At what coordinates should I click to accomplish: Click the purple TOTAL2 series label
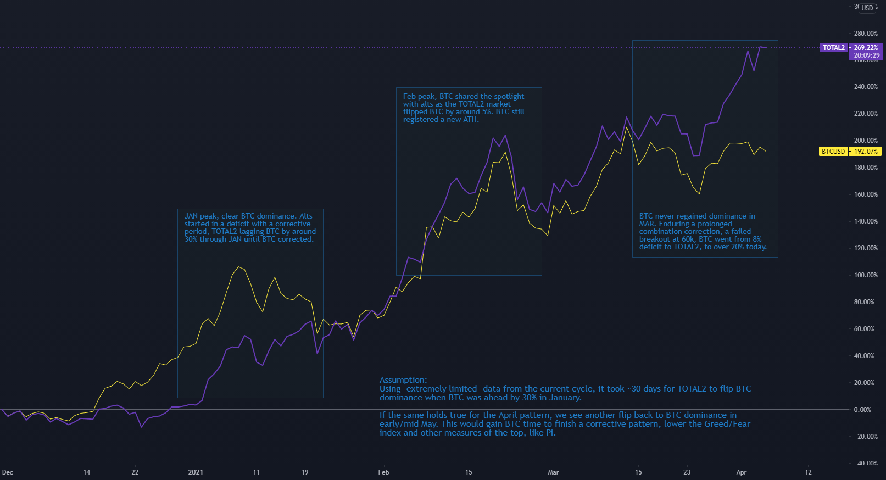click(x=833, y=48)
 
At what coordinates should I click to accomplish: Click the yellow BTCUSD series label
click(x=833, y=152)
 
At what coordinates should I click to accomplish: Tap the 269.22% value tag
click(x=866, y=48)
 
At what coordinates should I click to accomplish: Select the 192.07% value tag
click(x=866, y=152)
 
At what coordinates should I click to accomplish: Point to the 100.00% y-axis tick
click(x=866, y=275)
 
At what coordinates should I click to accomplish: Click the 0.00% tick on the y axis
click(x=862, y=410)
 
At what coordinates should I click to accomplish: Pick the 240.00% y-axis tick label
click(x=866, y=87)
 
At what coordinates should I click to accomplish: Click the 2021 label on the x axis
click(x=196, y=472)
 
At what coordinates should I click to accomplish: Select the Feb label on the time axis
click(x=383, y=472)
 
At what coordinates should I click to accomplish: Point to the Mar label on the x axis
click(x=553, y=472)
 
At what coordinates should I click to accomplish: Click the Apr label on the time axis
click(x=742, y=472)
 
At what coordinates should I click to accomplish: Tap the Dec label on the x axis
click(x=8, y=472)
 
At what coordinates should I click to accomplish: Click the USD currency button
click(x=867, y=8)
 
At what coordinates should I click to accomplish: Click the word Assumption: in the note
click(x=403, y=380)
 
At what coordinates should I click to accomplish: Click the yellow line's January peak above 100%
click(x=238, y=267)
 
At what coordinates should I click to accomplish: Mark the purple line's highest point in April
click(x=760, y=47)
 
